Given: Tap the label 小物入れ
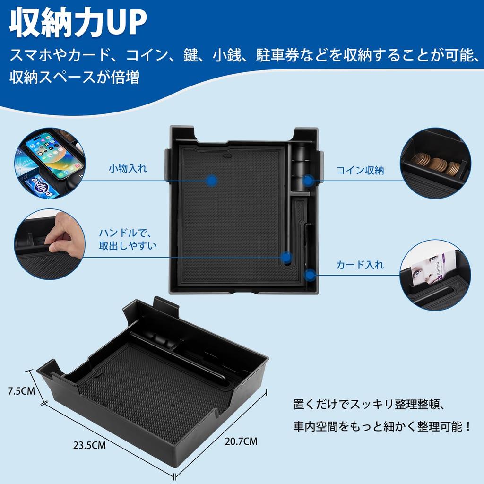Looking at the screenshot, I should (x=128, y=168).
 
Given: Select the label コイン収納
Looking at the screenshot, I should (x=360, y=171).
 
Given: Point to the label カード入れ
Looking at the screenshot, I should (x=360, y=265).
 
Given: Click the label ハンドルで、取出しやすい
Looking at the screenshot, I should (x=128, y=239).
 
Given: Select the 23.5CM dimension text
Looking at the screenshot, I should (x=89, y=445).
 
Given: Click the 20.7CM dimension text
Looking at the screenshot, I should (x=241, y=442).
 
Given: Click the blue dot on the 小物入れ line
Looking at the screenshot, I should (x=212, y=180).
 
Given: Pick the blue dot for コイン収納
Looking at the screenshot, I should (x=308, y=180).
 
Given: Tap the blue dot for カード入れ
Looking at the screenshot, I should (x=310, y=274).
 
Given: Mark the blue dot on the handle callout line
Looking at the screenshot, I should (x=285, y=258).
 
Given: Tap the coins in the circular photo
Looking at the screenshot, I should (x=437, y=165).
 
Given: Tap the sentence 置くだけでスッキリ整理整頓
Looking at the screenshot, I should (x=373, y=405).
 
